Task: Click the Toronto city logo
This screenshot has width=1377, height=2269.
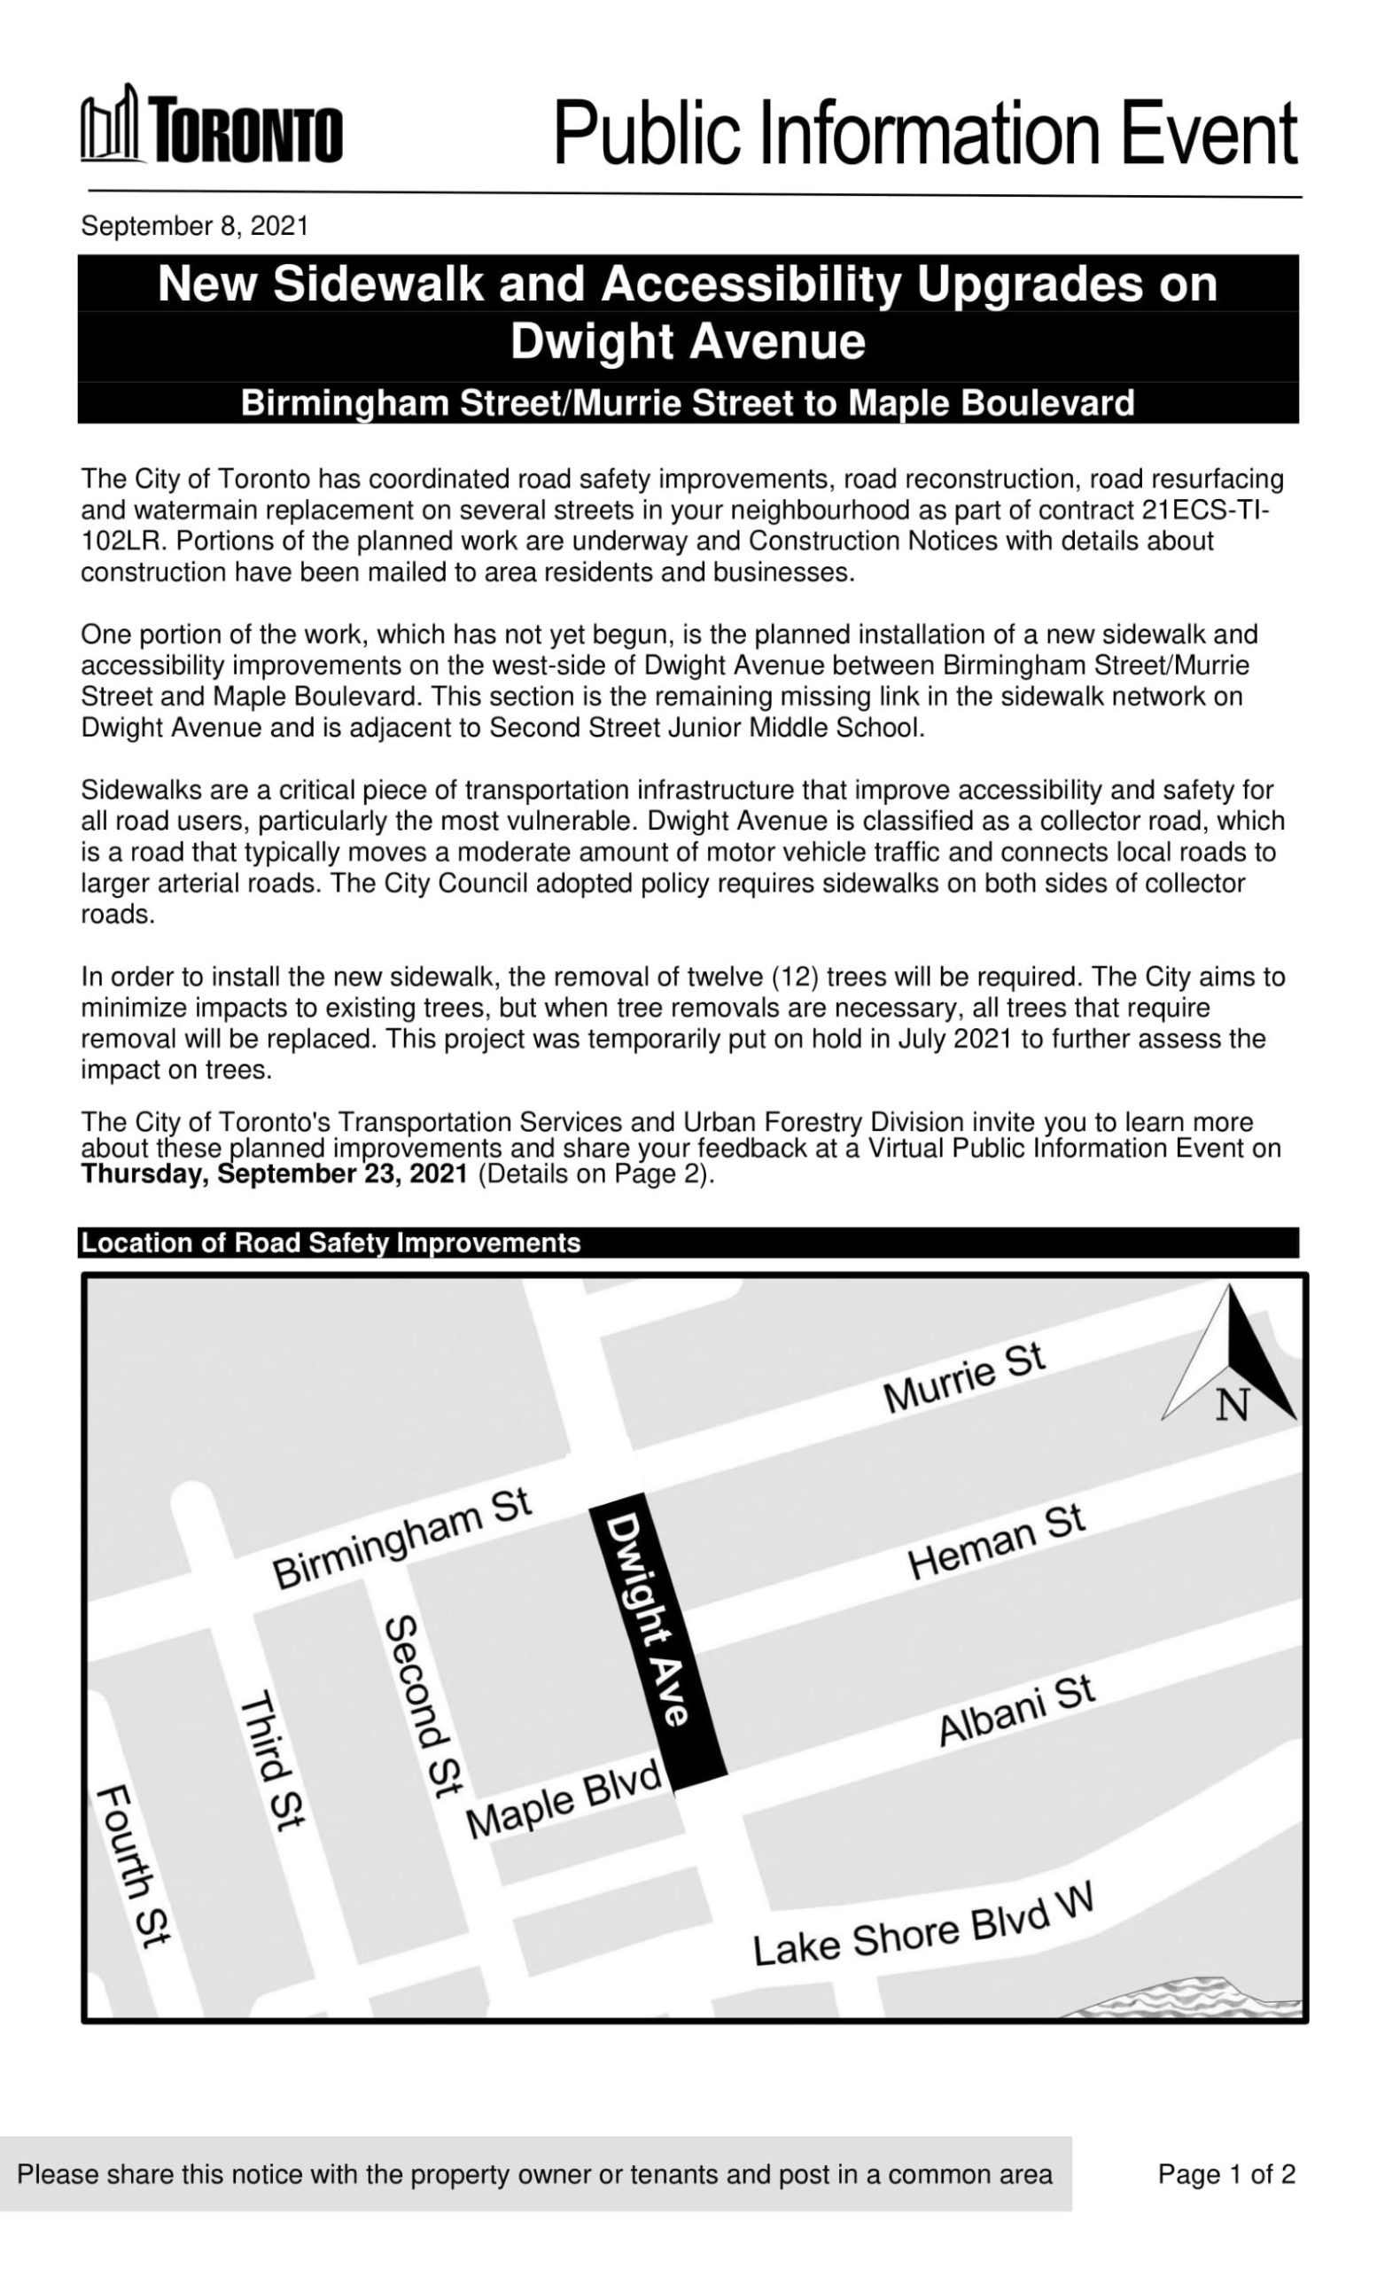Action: pyautogui.click(x=211, y=128)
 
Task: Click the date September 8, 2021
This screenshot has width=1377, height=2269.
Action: pyautogui.click(x=194, y=226)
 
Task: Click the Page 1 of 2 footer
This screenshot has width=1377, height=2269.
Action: pyautogui.click(x=1226, y=2174)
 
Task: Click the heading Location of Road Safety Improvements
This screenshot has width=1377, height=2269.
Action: pyautogui.click(x=331, y=1243)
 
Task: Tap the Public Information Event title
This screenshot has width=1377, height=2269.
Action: pyautogui.click(x=924, y=134)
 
